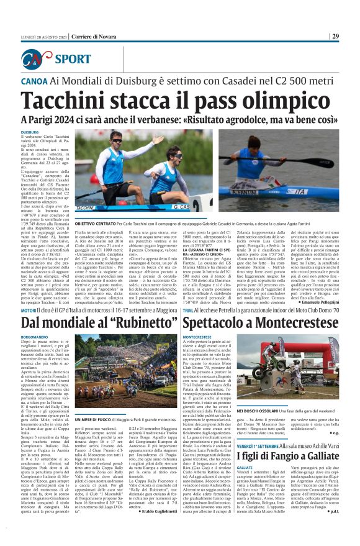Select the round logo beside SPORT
(36, 59)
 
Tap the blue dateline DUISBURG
(30, 132)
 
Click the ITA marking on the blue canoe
(300, 191)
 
